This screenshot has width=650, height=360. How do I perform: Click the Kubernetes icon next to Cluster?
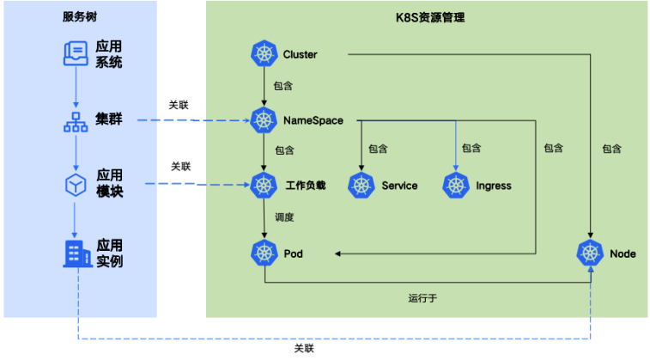pos(264,53)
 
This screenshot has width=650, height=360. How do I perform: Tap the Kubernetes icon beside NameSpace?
pos(264,120)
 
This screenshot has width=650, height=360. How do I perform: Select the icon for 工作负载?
pos(264,185)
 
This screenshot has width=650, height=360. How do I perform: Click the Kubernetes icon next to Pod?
pos(264,253)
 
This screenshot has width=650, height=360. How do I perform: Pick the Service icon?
pos(361,185)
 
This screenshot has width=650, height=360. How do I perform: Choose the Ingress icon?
pos(456,185)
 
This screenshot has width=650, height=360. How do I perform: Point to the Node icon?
pos(590,253)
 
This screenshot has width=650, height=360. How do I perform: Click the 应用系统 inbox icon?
pos(76,53)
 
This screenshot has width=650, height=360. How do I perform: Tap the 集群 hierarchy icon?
pos(76,122)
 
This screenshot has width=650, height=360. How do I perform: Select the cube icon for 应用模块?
pos(76,185)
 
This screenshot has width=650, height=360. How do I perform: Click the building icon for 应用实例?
pos(77,253)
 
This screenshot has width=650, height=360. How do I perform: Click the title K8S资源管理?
pos(430,17)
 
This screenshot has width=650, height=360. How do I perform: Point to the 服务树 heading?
pos(80,16)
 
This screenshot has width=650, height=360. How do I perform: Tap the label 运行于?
pos(422,298)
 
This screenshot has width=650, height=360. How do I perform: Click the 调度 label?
pos(284,217)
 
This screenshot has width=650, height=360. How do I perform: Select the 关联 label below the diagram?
pos(304,348)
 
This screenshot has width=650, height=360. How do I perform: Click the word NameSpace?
pos(313,120)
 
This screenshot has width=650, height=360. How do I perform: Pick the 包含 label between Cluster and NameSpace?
pos(283,86)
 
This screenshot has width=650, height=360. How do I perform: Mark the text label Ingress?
pos(494,186)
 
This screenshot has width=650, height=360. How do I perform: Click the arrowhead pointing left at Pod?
pos(337,253)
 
